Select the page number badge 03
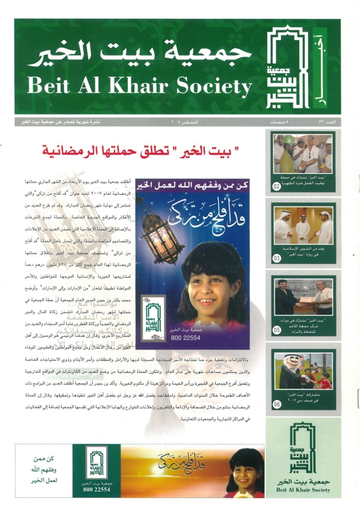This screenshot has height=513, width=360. pos(277,257)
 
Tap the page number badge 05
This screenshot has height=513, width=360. pos(277,329)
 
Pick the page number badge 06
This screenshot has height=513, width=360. pos(277,405)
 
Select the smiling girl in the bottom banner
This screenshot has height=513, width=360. pos(246,471)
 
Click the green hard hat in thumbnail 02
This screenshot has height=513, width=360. pos(290,138)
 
